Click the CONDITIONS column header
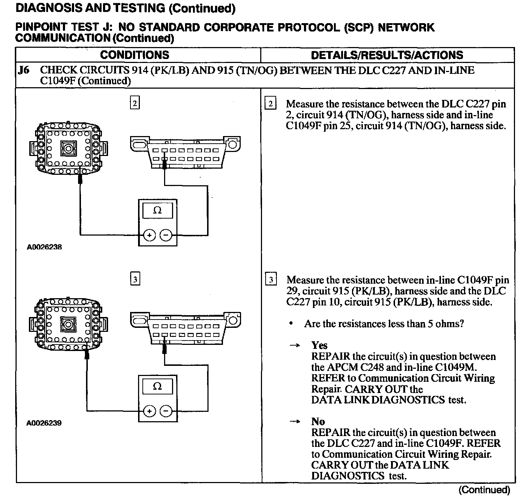(134, 55)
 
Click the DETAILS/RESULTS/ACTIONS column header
(387, 55)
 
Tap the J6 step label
(23, 70)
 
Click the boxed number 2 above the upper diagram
(134, 103)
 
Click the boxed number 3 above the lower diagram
(134, 279)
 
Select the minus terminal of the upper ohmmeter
(166, 235)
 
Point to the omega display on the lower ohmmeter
(158, 386)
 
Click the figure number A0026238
(44, 247)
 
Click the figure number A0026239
(44, 423)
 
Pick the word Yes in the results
(319, 345)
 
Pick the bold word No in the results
(318, 422)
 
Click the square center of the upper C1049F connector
(68, 148)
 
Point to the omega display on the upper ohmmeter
(158, 210)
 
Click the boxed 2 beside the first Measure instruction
(270, 104)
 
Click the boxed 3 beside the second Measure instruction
(271, 280)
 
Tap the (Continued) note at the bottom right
(484, 490)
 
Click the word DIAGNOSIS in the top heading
(47, 8)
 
